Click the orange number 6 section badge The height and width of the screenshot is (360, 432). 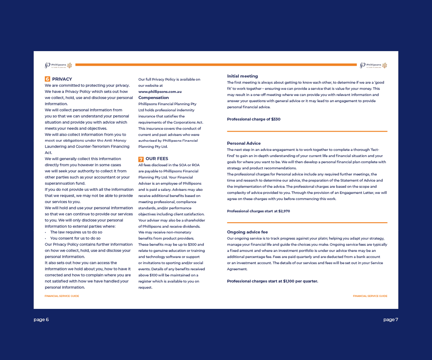pos(47,79)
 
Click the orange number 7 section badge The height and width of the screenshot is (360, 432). pos(141,159)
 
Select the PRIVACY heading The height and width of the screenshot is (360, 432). pos(62,79)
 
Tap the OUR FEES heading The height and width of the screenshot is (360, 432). pos(157,159)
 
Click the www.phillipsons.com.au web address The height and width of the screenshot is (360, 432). pos(160,92)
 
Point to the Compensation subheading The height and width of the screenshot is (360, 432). pos(153,98)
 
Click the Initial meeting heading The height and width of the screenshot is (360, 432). pos(242,76)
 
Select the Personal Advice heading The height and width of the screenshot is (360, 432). pos(244,143)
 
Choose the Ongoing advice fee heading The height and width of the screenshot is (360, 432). pos(247,232)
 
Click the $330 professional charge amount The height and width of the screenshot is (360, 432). pos(275,120)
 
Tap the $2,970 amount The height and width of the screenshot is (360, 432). pos(284,211)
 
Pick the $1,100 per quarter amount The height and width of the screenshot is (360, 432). pos(300,281)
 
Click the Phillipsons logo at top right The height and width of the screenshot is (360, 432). pos(373,65)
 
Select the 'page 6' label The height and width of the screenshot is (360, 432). pos(41,320)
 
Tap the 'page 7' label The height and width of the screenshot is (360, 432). pos(391,320)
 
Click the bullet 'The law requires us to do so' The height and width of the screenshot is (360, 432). pos(76,232)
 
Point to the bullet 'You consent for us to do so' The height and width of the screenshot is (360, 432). pos(75,238)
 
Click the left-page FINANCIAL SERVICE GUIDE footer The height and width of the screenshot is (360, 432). pos(62,296)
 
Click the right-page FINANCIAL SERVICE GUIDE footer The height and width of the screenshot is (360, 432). pos(370,296)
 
